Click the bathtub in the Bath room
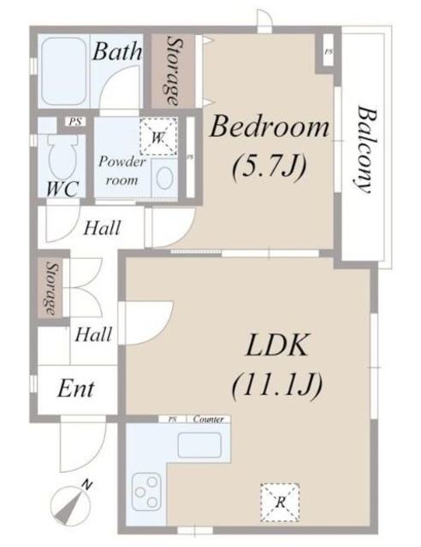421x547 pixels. point(63,71)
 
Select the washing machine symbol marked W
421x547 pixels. point(158,137)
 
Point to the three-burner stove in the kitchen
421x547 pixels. point(146,492)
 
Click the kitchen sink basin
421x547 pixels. point(199,445)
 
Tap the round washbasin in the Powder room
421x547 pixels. point(164,178)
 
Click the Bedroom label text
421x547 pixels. point(270,127)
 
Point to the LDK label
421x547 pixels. point(276,344)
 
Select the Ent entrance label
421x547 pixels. point(76,389)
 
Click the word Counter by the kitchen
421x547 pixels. point(208,419)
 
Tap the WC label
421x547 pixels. point(62,189)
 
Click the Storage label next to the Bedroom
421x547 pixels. point(174,71)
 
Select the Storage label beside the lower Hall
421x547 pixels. point(51,288)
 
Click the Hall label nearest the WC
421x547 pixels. point(102,228)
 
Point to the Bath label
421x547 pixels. point(117,51)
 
